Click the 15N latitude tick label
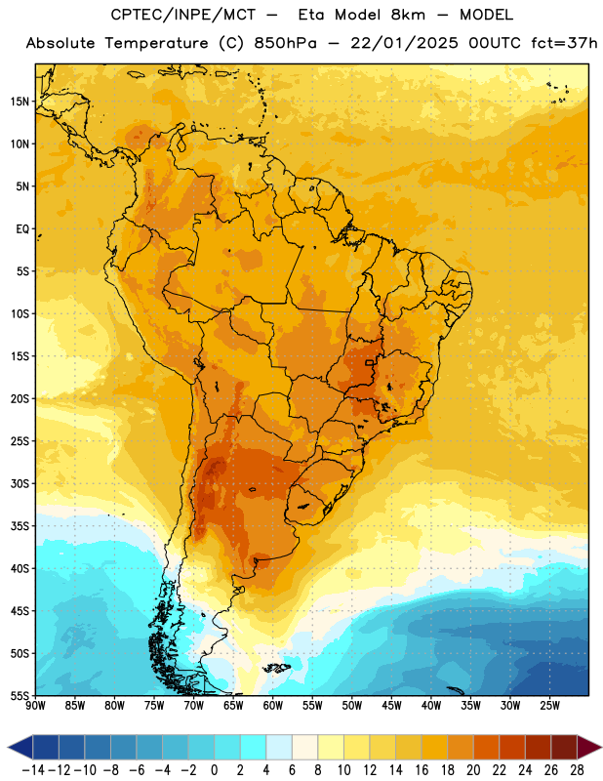pyautogui.click(x=20, y=102)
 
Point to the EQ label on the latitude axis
pyautogui.click(x=22, y=229)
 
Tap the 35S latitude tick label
pyautogui.click(x=20, y=526)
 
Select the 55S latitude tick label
pyautogui.click(x=20, y=695)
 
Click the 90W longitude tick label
pyautogui.click(x=35, y=706)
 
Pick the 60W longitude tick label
pyautogui.click(x=273, y=706)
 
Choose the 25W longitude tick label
pyautogui.click(x=549, y=706)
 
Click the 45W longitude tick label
pyautogui.click(x=391, y=706)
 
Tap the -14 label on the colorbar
pyautogui.click(x=33, y=770)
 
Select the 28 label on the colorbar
pyautogui.click(x=577, y=770)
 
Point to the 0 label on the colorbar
pyautogui.click(x=214, y=770)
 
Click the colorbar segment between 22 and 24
pyautogui.click(x=512, y=747)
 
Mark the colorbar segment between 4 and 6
pyautogui.click(x=279, y=747)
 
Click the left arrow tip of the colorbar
pyautogui.click(x=8, y=747)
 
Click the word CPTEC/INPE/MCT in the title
pyautogui.click(x=182, y=15)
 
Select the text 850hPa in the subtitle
pyautogui.click(x=285, y=43)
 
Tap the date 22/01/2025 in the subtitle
pyautogui.click(x=404, y=43)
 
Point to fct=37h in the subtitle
pyautogui.click(x=564, y=43)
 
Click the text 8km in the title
pyautogui.click(x=408, y=15)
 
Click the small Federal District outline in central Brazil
pyautogui.click(x=370, y=362)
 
